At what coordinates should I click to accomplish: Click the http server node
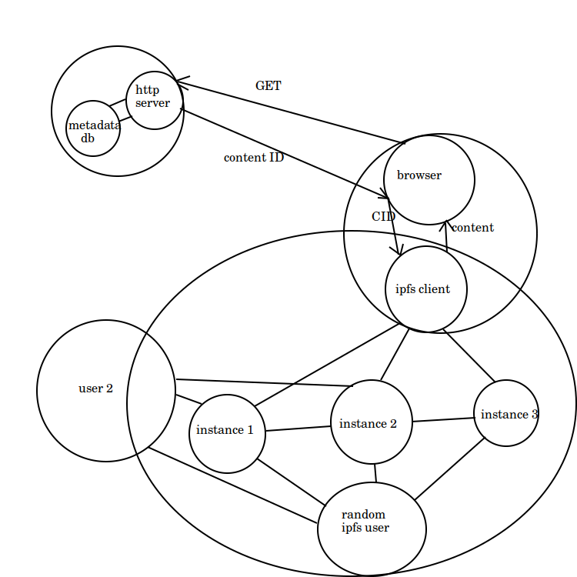[x=154, y=99]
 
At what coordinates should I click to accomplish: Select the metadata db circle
[x=93, y=128]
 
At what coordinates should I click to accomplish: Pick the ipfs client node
[x=426, y=289]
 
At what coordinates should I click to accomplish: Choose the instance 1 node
[x=227, y=433]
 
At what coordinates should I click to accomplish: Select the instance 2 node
[x=371, y=422]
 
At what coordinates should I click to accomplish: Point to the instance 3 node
[x=505, y=414]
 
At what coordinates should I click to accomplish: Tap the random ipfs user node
[x=372, y=529]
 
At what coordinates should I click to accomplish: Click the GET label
[x=268, y=86]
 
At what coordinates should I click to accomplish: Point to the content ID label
[x=254, y=158]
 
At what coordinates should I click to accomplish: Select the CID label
[x=383, y=217]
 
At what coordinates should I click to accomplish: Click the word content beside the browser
[x=472, y=228]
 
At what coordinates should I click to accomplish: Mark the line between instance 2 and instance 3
[x=443, y=419]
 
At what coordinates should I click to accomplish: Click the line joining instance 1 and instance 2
[x=298, y=428]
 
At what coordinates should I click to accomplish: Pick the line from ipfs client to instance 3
[x=468, y=355]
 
